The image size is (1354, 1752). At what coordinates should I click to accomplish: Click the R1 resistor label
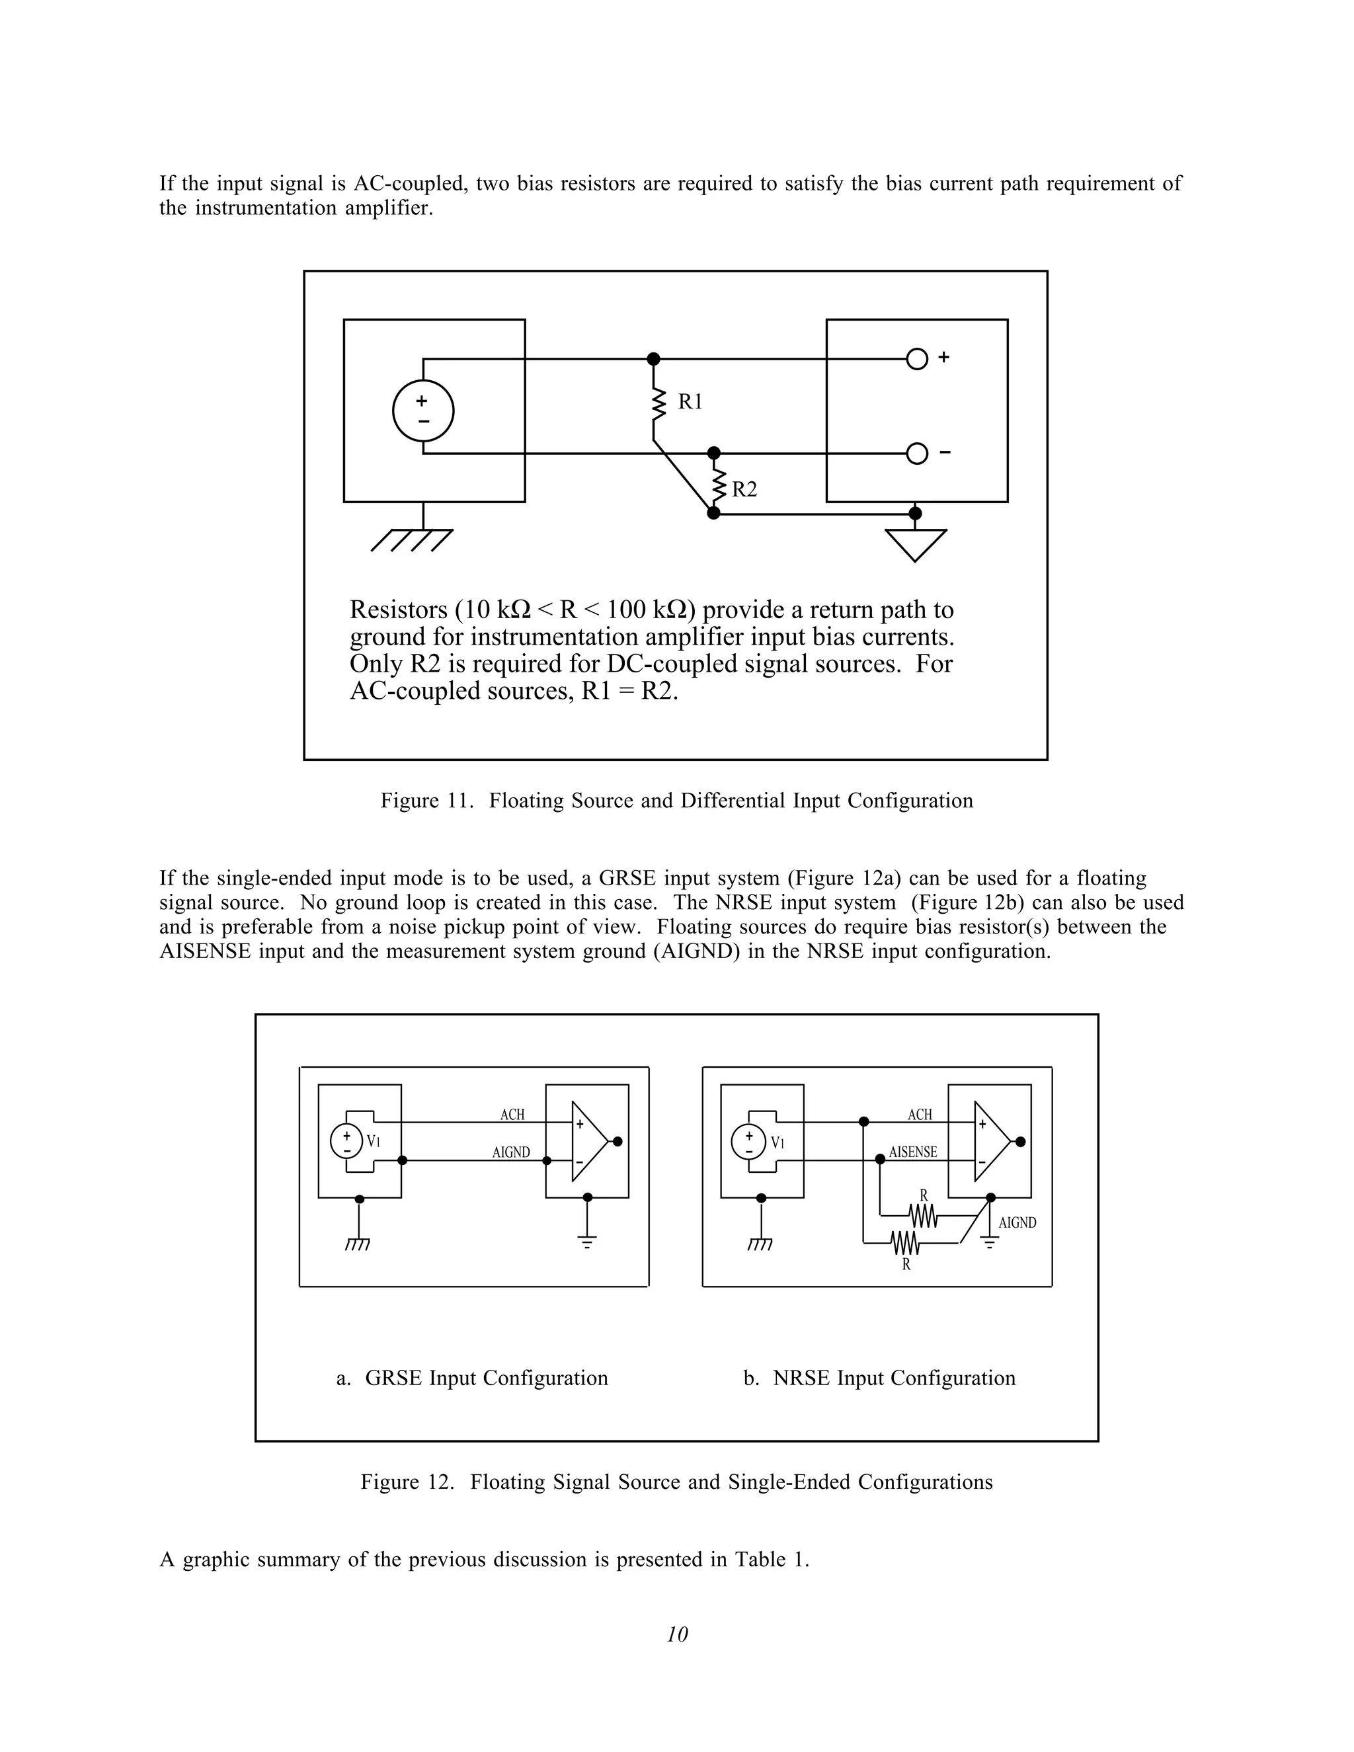click(690, 402)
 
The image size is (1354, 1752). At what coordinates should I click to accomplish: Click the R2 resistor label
click(744, 489)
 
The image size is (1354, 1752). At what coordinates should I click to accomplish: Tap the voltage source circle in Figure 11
click(422, 411)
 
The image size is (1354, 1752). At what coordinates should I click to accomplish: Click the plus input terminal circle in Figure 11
click(917, 358)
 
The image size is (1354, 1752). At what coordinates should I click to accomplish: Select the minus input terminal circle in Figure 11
click(917, 454)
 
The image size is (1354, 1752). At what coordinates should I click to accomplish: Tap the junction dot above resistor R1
click(654, 358)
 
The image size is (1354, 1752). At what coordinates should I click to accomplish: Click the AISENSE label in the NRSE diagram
click(913, 1152)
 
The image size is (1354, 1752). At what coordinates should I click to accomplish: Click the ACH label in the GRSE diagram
click(512, 1114)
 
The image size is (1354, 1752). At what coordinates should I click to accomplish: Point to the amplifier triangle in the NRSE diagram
click(990, 1142)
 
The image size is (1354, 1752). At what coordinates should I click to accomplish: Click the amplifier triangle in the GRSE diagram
click(588, 1142)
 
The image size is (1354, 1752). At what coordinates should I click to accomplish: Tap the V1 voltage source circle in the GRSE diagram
click(346, 1142)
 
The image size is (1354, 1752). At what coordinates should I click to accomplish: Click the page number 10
click(677, 1634)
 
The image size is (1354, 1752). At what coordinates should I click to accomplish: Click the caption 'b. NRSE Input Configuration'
click(879, 1378)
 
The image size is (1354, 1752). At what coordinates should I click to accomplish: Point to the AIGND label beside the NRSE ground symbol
click(1017, 1222)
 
